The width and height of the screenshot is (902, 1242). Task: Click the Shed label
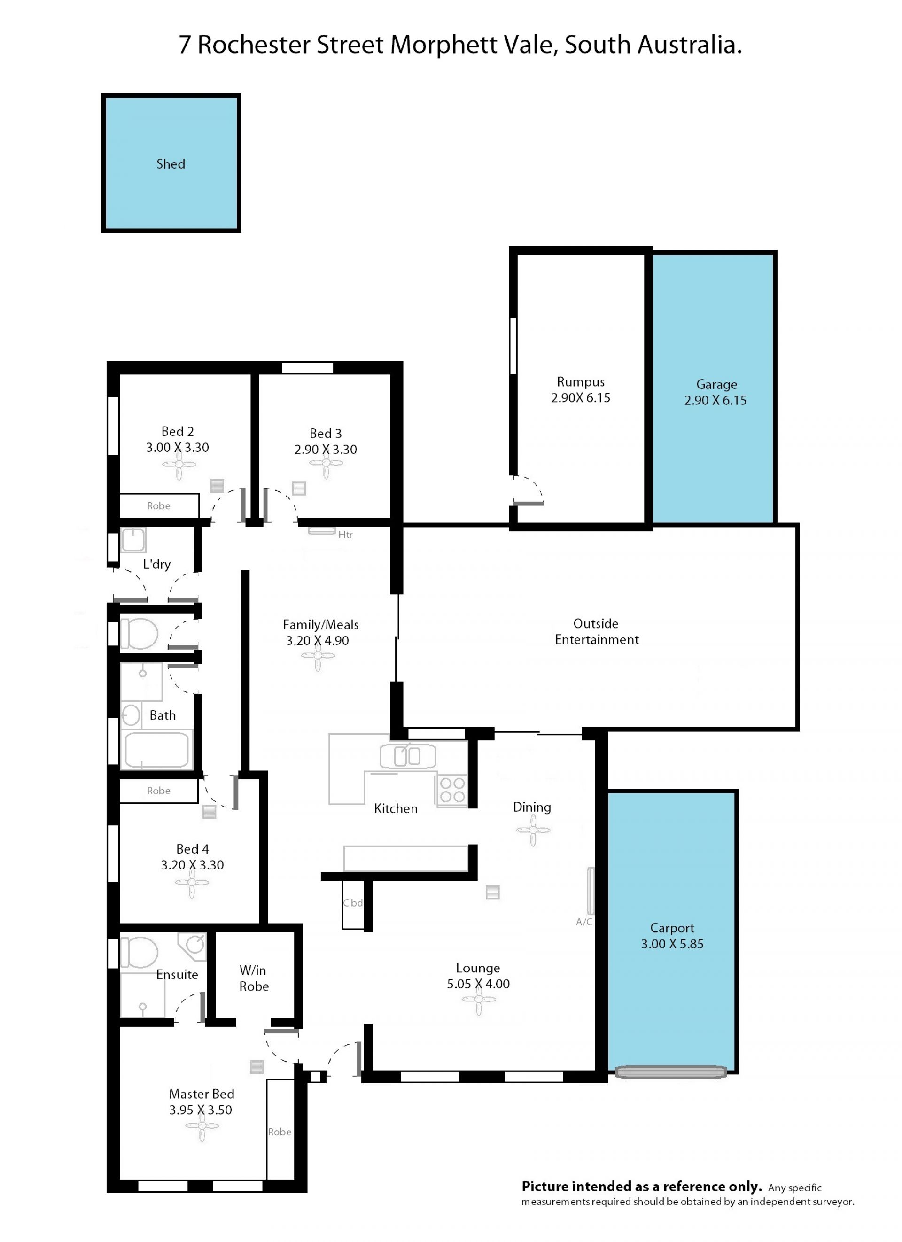click(x=171, y=164)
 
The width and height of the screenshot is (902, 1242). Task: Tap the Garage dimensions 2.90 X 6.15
click(x=715, y=400)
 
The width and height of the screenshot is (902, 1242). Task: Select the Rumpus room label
click(x=581, y=382)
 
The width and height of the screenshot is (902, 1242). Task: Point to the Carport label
click(x=672, y=928)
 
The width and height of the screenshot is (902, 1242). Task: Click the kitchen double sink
click(x=407, y=756)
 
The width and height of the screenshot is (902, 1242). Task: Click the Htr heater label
click(x=345, y=535)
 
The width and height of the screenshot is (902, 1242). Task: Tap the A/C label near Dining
click(x=584, y=922)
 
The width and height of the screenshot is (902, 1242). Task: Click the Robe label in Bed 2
click(x=159, y=506)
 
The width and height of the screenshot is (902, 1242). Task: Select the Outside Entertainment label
click(x=597, y=631)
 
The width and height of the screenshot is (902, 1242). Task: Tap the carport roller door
click(x=671, y=1071)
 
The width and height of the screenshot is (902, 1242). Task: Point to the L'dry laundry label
click(x=156, y=564)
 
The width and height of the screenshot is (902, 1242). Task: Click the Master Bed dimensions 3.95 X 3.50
click(x=201, y=1110)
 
